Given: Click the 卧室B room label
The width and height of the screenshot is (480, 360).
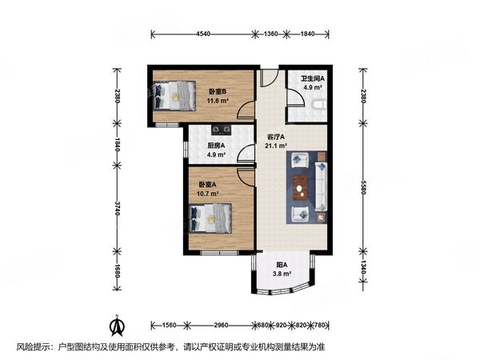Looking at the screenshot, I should pyautogui.click(x=215, y=92).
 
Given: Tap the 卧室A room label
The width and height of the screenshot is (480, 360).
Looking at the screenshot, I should pyautogui.click(x=208, y=185).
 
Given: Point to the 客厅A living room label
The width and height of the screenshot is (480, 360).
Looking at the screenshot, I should pyautogui.click(x=276, y=137).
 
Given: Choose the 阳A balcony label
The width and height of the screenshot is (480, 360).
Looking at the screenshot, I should pyautogui.click(x=282, y=264).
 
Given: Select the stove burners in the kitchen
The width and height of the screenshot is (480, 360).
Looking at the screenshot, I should pyautogui.click(x=222, y=129).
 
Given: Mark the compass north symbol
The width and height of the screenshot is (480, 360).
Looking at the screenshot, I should pyautogui.click(x=117, y=326).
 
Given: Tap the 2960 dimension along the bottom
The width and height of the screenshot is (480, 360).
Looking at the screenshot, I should pyautogui.click(x=222, y=326).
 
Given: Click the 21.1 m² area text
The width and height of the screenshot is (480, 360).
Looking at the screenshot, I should pyautogui.click(x=276, y=146).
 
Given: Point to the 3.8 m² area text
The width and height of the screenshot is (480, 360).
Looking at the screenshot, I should pyautogui.click(x=282, y=274).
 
